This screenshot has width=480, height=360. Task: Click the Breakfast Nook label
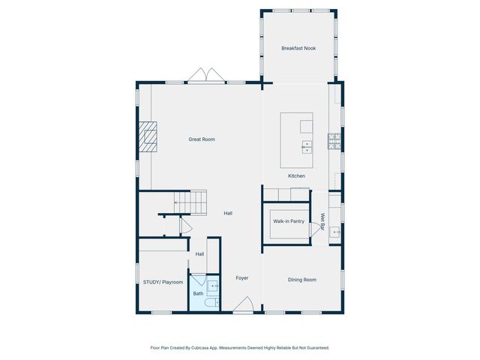(298, 48)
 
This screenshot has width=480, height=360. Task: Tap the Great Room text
(202, 139)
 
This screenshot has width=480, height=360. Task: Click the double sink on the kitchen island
(307, 146)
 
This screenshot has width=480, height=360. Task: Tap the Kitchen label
(297, 175)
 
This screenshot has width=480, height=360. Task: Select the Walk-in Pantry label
(288, 221)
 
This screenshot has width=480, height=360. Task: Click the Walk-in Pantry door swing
(313, 231)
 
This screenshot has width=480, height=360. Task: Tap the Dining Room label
(302, 280)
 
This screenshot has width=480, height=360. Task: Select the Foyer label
(241, 278)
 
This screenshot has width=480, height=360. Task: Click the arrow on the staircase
(178, 202)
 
